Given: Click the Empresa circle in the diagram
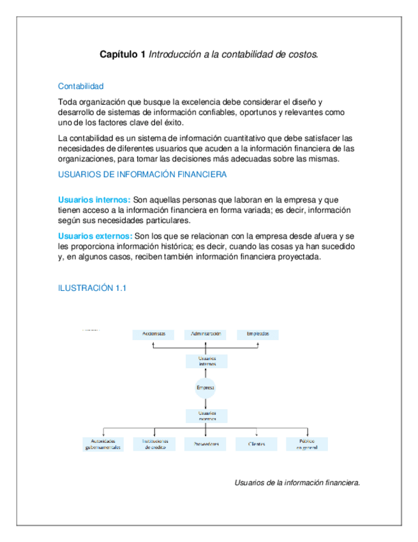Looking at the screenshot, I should (205, 388).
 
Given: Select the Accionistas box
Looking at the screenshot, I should (154, 334).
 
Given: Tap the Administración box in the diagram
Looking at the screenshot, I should (205, 334).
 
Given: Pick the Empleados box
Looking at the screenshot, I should (257, 334).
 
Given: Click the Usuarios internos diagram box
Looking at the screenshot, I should (205, 361).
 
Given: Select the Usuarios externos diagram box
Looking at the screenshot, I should (205, 415).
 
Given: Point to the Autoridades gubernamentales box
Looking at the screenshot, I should (103, 444).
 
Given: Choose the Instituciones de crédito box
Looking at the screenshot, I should (154, 444).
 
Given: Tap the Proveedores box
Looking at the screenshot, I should (205, 444).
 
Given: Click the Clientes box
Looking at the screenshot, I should (257, 444).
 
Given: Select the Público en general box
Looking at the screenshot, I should (307, 444).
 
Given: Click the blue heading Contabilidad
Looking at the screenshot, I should (80, 86).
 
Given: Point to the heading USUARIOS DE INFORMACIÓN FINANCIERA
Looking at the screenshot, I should (141, 174).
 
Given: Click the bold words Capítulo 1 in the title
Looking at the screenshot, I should (123, 56).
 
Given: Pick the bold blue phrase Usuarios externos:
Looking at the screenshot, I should (96, 236).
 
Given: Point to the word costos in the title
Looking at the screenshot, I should (303, 56).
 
